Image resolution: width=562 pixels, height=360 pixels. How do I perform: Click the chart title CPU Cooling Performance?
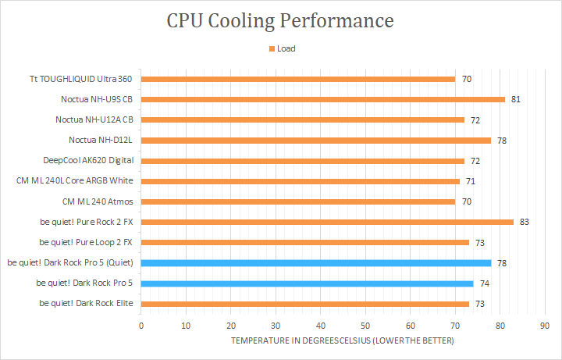(280, 20)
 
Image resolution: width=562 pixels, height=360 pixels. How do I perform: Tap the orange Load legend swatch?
(272, 48)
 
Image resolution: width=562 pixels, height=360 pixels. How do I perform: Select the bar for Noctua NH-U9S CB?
(322, 99)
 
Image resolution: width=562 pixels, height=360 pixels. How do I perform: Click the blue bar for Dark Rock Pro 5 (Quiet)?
(316, 263)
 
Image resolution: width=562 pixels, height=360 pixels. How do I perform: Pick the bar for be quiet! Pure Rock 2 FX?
(327, 222)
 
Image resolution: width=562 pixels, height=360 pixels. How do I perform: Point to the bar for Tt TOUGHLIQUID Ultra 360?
(298, 79)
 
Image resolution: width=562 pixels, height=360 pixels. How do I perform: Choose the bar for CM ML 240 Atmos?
(298, 201)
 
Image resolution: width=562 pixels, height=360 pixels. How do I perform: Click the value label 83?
(525, 222)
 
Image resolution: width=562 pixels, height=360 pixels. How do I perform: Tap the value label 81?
(516, 99)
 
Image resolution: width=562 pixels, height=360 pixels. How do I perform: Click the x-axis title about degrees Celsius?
(342, 341)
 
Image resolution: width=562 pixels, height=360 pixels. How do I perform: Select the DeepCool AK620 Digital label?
(88, 161)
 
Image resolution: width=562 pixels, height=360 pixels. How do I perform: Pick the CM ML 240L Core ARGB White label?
(75, 181)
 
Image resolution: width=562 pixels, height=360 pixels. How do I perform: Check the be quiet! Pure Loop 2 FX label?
(86, 242)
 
